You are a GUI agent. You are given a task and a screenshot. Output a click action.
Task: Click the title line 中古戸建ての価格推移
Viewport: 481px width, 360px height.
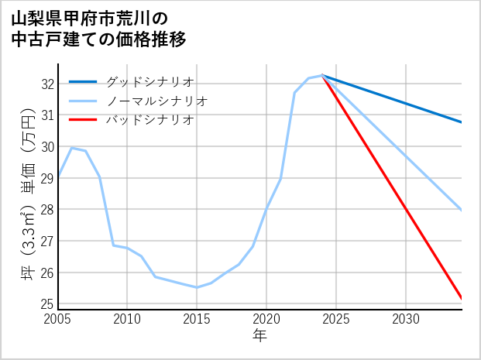point(98,39)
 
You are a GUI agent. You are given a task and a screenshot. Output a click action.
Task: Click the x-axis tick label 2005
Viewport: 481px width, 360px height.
point(58,319)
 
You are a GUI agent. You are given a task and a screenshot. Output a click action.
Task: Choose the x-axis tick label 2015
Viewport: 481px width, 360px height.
point(197,319)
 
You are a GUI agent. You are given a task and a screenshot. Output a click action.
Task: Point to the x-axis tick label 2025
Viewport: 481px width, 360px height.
point(336,319)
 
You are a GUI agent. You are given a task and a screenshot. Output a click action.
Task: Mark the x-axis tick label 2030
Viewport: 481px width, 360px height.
point(406,319)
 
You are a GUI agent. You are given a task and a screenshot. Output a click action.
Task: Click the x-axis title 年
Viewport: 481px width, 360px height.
point(260,336)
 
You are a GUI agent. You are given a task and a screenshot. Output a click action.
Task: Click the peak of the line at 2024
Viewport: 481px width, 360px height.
point(322,75)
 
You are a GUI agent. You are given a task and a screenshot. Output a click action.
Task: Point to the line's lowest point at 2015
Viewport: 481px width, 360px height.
point(197,287)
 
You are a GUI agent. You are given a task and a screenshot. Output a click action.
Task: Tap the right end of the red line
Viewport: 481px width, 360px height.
point(462,298)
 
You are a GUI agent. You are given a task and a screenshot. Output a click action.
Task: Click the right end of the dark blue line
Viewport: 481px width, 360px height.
point(462,122)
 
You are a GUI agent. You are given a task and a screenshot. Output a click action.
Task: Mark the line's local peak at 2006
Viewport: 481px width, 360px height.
point(72,147)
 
